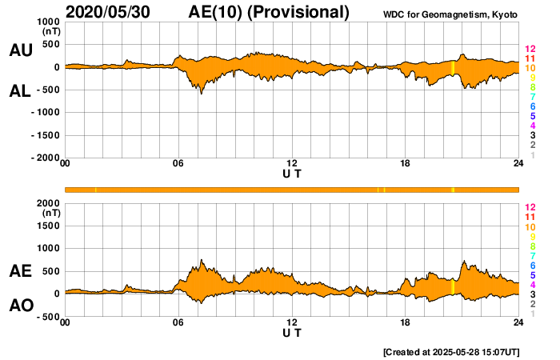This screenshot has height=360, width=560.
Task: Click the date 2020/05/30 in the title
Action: (x=107, y=12)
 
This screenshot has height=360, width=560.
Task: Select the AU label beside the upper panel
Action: (x=20, y=50)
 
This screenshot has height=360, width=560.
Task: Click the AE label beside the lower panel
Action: (x=20, y=272)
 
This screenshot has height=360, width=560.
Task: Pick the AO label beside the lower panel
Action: (x=20, y=306)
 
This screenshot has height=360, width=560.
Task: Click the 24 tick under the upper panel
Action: (x=518, y=164)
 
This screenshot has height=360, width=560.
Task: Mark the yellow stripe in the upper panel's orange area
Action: (x=453, y=68)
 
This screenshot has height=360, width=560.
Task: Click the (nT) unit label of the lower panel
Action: (x=50, y=214)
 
